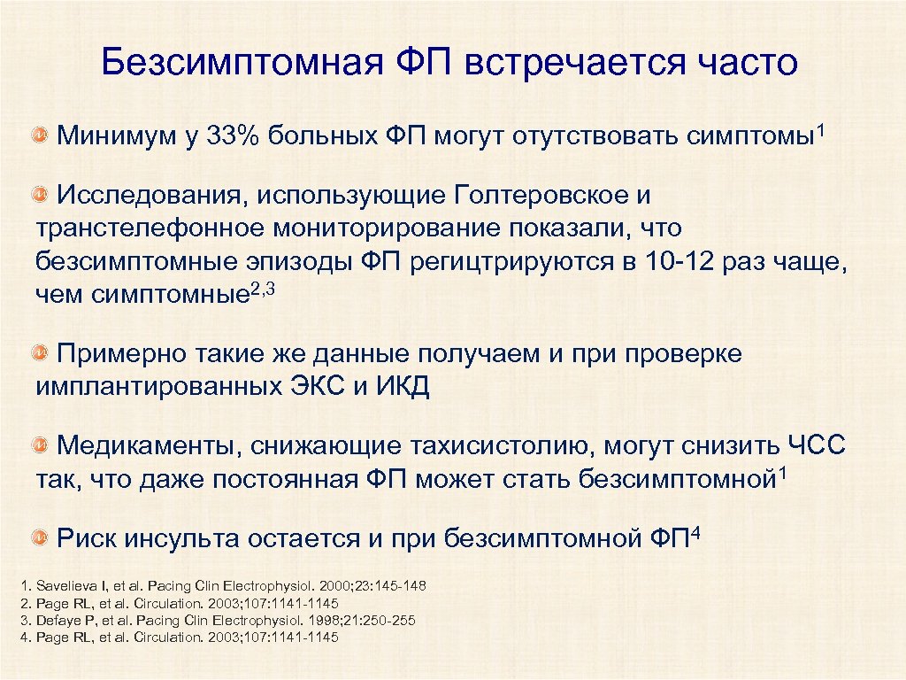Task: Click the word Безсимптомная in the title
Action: (234, 63)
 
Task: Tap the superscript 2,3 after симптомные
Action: (264, 288)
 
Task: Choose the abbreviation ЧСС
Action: (815, 446)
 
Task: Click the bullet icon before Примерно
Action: (41, 354)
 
